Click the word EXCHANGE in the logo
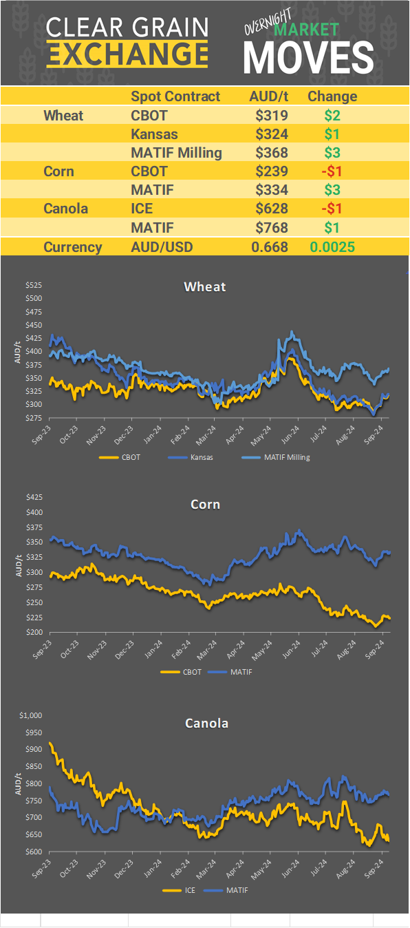point(128,54)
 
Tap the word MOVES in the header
point(309,58)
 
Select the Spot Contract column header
point(175,96)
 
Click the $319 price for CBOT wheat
point(271,116)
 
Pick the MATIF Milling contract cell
point(176,153)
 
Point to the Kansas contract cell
point(154,134)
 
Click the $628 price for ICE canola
point(271,209)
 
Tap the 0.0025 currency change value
point(332,247)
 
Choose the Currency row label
point(73,247)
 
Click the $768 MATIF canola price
point(271,227)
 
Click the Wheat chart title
point(205,286)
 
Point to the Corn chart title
point(205,505)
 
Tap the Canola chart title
point(206,724)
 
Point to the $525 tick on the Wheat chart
point(33,285)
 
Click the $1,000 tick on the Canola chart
point(31,715)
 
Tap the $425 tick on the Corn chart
point(33,497)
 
